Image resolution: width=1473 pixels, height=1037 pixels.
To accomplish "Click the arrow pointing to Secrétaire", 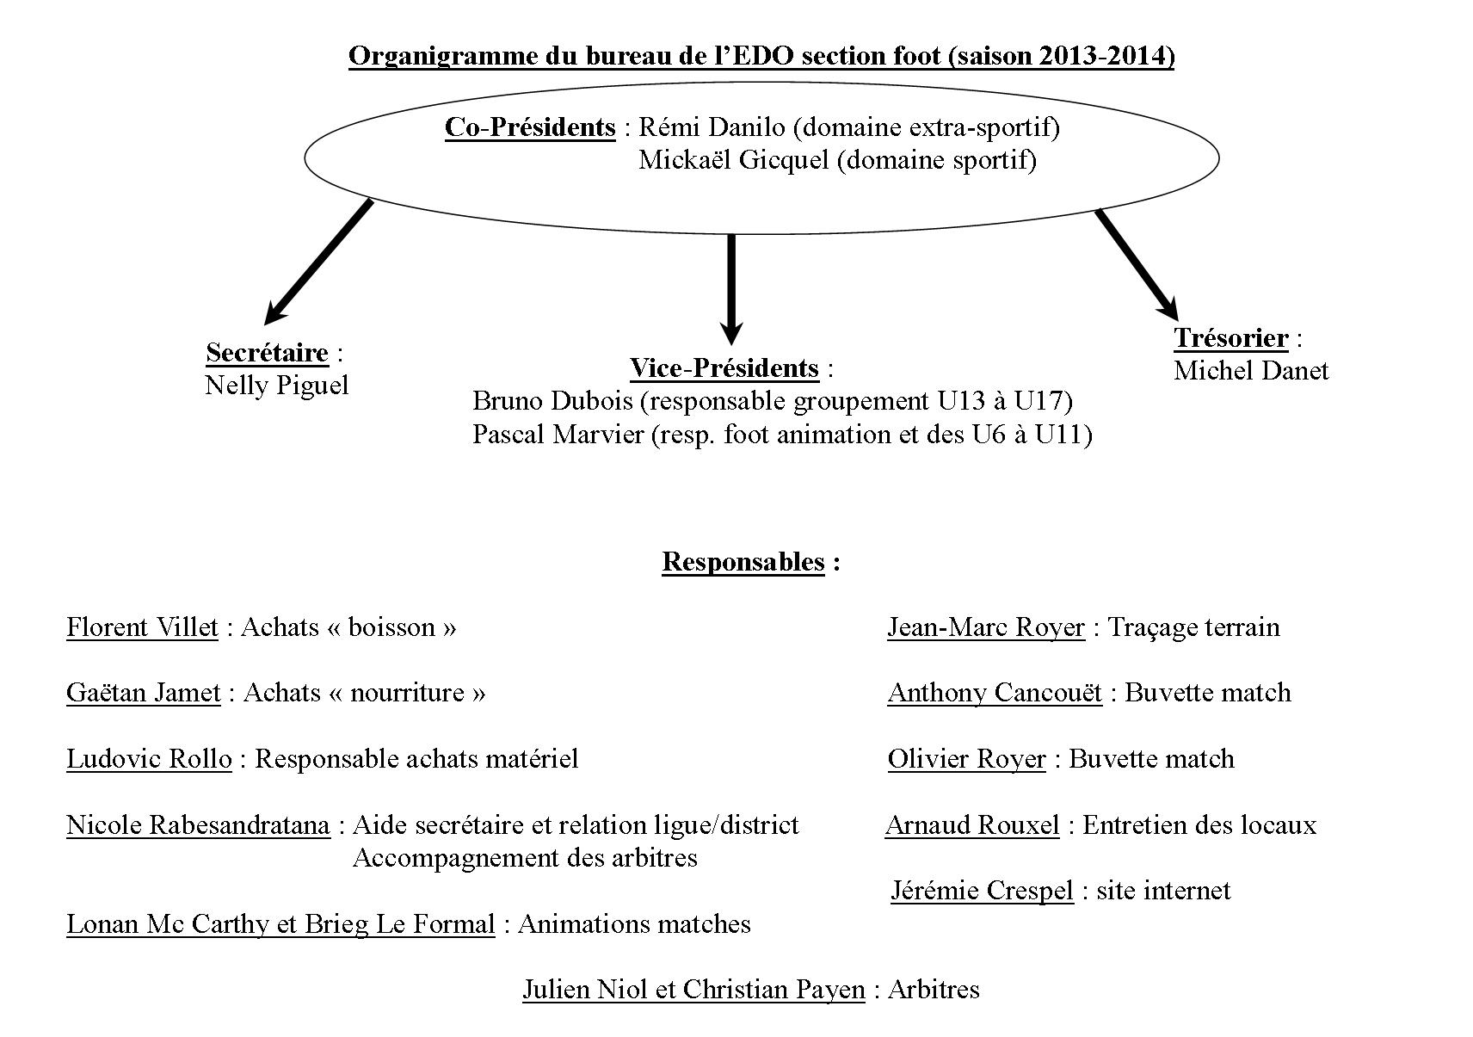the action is pos(319,262).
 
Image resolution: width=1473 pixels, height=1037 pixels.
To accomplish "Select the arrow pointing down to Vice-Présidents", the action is pos(730,289).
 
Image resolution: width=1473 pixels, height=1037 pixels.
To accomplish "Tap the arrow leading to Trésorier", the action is pos(1137,265).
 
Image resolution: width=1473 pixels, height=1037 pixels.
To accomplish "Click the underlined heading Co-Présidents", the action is pos(530,127).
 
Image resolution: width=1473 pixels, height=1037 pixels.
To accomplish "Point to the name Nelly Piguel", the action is pos(276,386).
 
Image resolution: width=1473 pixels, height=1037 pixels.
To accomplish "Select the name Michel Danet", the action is pos(1251,371).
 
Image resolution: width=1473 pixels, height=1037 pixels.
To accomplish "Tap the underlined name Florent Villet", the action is pos(142,627).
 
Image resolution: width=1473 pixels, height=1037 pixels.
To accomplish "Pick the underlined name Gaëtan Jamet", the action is pos(144,693).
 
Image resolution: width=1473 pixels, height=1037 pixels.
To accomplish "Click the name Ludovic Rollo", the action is pos(149,759).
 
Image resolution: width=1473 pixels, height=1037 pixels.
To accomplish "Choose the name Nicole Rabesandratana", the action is pos(198,825).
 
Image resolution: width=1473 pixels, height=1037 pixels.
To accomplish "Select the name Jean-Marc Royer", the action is pos(986,627).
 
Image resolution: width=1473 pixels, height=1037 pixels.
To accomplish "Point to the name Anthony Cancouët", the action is pos(995,693).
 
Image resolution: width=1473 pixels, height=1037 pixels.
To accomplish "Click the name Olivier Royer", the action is pos(967,759).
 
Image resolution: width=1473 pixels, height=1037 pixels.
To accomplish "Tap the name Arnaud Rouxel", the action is pos(972,825).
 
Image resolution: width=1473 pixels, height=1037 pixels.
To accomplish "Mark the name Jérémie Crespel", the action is pos(983,891).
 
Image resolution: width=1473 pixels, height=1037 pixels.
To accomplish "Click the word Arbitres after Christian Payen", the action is pos(934,989).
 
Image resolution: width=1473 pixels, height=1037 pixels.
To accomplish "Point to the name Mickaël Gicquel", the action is pos(733,160).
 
